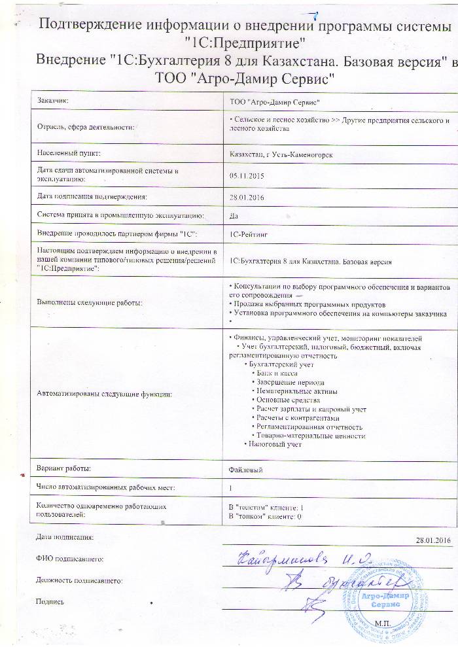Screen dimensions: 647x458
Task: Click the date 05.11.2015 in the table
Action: (x=243, y=175)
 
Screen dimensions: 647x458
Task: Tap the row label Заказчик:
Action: (x=53, y=101)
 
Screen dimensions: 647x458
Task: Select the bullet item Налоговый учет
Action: (x=274, y=445)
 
